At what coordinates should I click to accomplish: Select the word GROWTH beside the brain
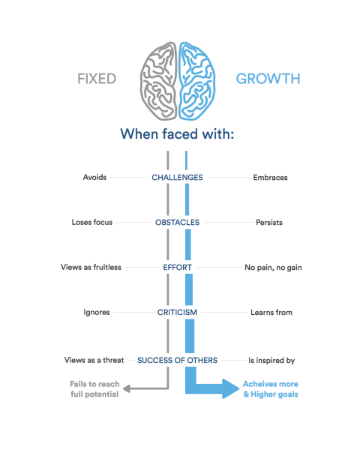pos(268,78)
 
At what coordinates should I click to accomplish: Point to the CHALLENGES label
pos(177,178)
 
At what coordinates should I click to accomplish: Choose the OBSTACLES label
pos(177,223)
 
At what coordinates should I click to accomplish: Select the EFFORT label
pos(177,267)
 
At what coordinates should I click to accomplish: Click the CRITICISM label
pos(177,312)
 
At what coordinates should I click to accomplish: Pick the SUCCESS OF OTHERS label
pos(177,361)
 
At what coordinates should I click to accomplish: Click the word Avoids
pos(94,178)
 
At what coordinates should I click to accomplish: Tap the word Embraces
pos(271,178)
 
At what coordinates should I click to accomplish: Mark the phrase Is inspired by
pos(271,361)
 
